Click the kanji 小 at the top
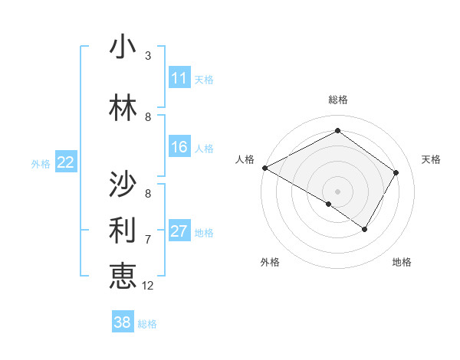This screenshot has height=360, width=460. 123,47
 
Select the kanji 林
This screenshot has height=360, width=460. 123,109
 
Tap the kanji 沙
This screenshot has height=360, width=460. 123,184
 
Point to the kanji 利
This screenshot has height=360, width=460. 123,228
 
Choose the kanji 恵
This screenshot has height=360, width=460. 123,274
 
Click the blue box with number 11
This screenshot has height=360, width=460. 179,78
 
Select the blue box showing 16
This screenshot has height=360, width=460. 179,147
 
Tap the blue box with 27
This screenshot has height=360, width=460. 179,231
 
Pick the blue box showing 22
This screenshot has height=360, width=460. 66,162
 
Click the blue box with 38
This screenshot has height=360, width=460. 123,322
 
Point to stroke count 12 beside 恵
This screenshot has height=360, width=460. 148,286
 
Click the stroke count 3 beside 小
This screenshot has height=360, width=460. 148,56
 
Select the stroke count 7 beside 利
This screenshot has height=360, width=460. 148,240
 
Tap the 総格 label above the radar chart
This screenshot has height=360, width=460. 337,100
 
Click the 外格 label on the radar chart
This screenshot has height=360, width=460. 270,262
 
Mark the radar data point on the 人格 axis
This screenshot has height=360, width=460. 264,168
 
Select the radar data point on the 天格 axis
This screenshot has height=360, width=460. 396,173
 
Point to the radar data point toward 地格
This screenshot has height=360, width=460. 365,229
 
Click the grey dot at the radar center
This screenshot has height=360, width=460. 337,191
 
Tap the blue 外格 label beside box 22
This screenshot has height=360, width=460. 41,163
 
